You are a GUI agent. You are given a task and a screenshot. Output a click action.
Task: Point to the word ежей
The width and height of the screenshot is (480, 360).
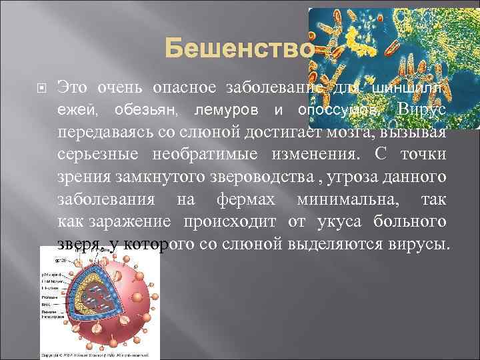coord(73,109)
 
